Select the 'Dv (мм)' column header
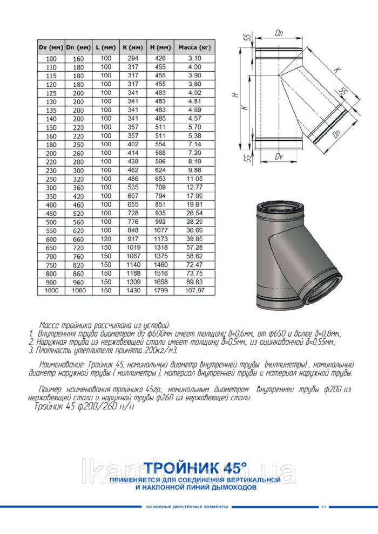[x=51, y=47]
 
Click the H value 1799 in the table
[x=160, y=291]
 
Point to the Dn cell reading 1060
[x=78, y=291]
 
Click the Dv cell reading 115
[x=51, y=76]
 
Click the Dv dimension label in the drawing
[x=279, y=157]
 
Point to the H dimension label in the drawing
[x=235, y=95]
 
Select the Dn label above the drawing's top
[x=279, y=33]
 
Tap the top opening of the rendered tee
[x=279, y=208]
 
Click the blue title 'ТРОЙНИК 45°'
[x=195, y=465]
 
